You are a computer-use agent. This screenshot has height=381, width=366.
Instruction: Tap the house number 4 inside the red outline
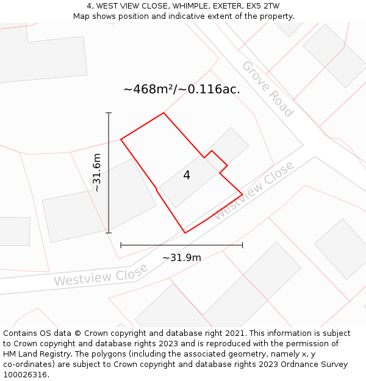click(x=187, y=176)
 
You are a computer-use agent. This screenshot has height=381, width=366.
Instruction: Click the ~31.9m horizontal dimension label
click(x=182, y=258)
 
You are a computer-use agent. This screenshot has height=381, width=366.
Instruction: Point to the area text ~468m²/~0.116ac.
click(x=181, y=90)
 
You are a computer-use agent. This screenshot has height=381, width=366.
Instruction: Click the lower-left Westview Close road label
click(x=101, y=275)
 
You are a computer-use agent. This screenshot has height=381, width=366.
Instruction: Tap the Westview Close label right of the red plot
click(x=255, y=190)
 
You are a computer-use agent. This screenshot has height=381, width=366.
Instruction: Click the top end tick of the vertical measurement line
click(x=109, y=113)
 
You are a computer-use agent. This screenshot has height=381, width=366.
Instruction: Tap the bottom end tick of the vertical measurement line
click(x=109, y=233)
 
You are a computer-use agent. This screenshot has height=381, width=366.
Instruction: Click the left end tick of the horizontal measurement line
click(x=121, y=245)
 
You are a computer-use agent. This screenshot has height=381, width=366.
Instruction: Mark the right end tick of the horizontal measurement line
click(x=243, y=245)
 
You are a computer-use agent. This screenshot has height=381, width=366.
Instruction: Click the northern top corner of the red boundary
click(x=163, y=113)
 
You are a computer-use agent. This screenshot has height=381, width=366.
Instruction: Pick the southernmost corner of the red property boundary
click(x=185, y=233)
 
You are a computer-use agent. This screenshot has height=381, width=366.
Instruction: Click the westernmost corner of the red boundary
click(x=121, y=140)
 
